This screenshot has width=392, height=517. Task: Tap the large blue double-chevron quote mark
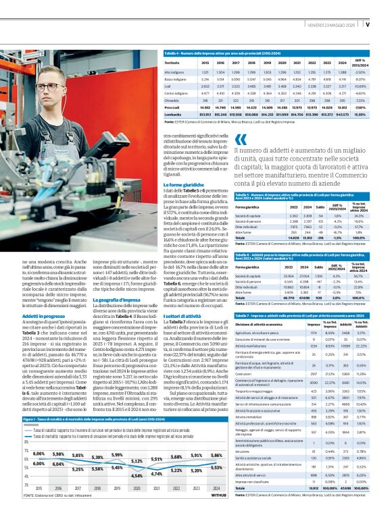click(x=241, y=140)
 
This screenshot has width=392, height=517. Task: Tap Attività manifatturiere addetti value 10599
click(x=344, y=345)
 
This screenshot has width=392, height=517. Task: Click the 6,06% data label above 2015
click(x=39, y=454)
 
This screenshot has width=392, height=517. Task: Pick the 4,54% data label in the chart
click(x=136, y=476)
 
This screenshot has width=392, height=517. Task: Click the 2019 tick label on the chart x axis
click(x=116, y=487)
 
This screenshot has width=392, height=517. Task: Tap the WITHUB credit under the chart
click(x=218, y=495)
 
